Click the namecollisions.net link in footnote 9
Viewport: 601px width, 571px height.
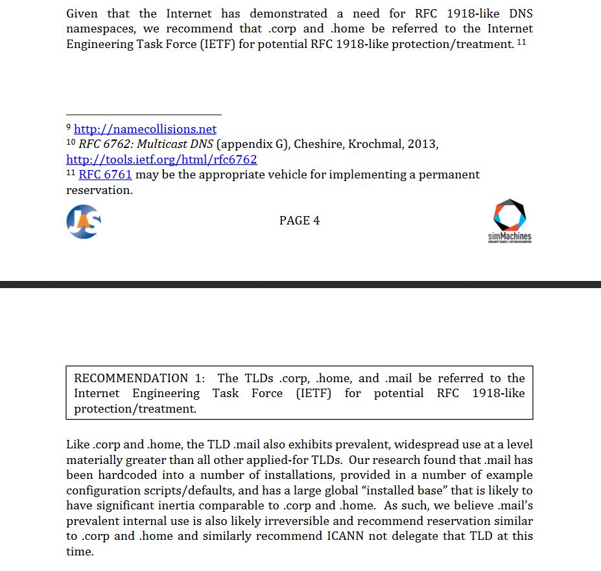[x=145, y=129]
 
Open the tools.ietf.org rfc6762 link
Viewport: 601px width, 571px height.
[x=161, y=159]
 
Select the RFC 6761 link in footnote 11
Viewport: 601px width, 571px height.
[x=105, y=175]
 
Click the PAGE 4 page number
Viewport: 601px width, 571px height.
[x=300, y=221]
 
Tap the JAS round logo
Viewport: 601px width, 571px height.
[x=84, y=221]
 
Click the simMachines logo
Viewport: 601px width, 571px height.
[x=510, y=221]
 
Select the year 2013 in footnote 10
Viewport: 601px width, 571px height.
[x=422, y=144]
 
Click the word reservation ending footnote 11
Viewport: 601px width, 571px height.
[x=99, y=190]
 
